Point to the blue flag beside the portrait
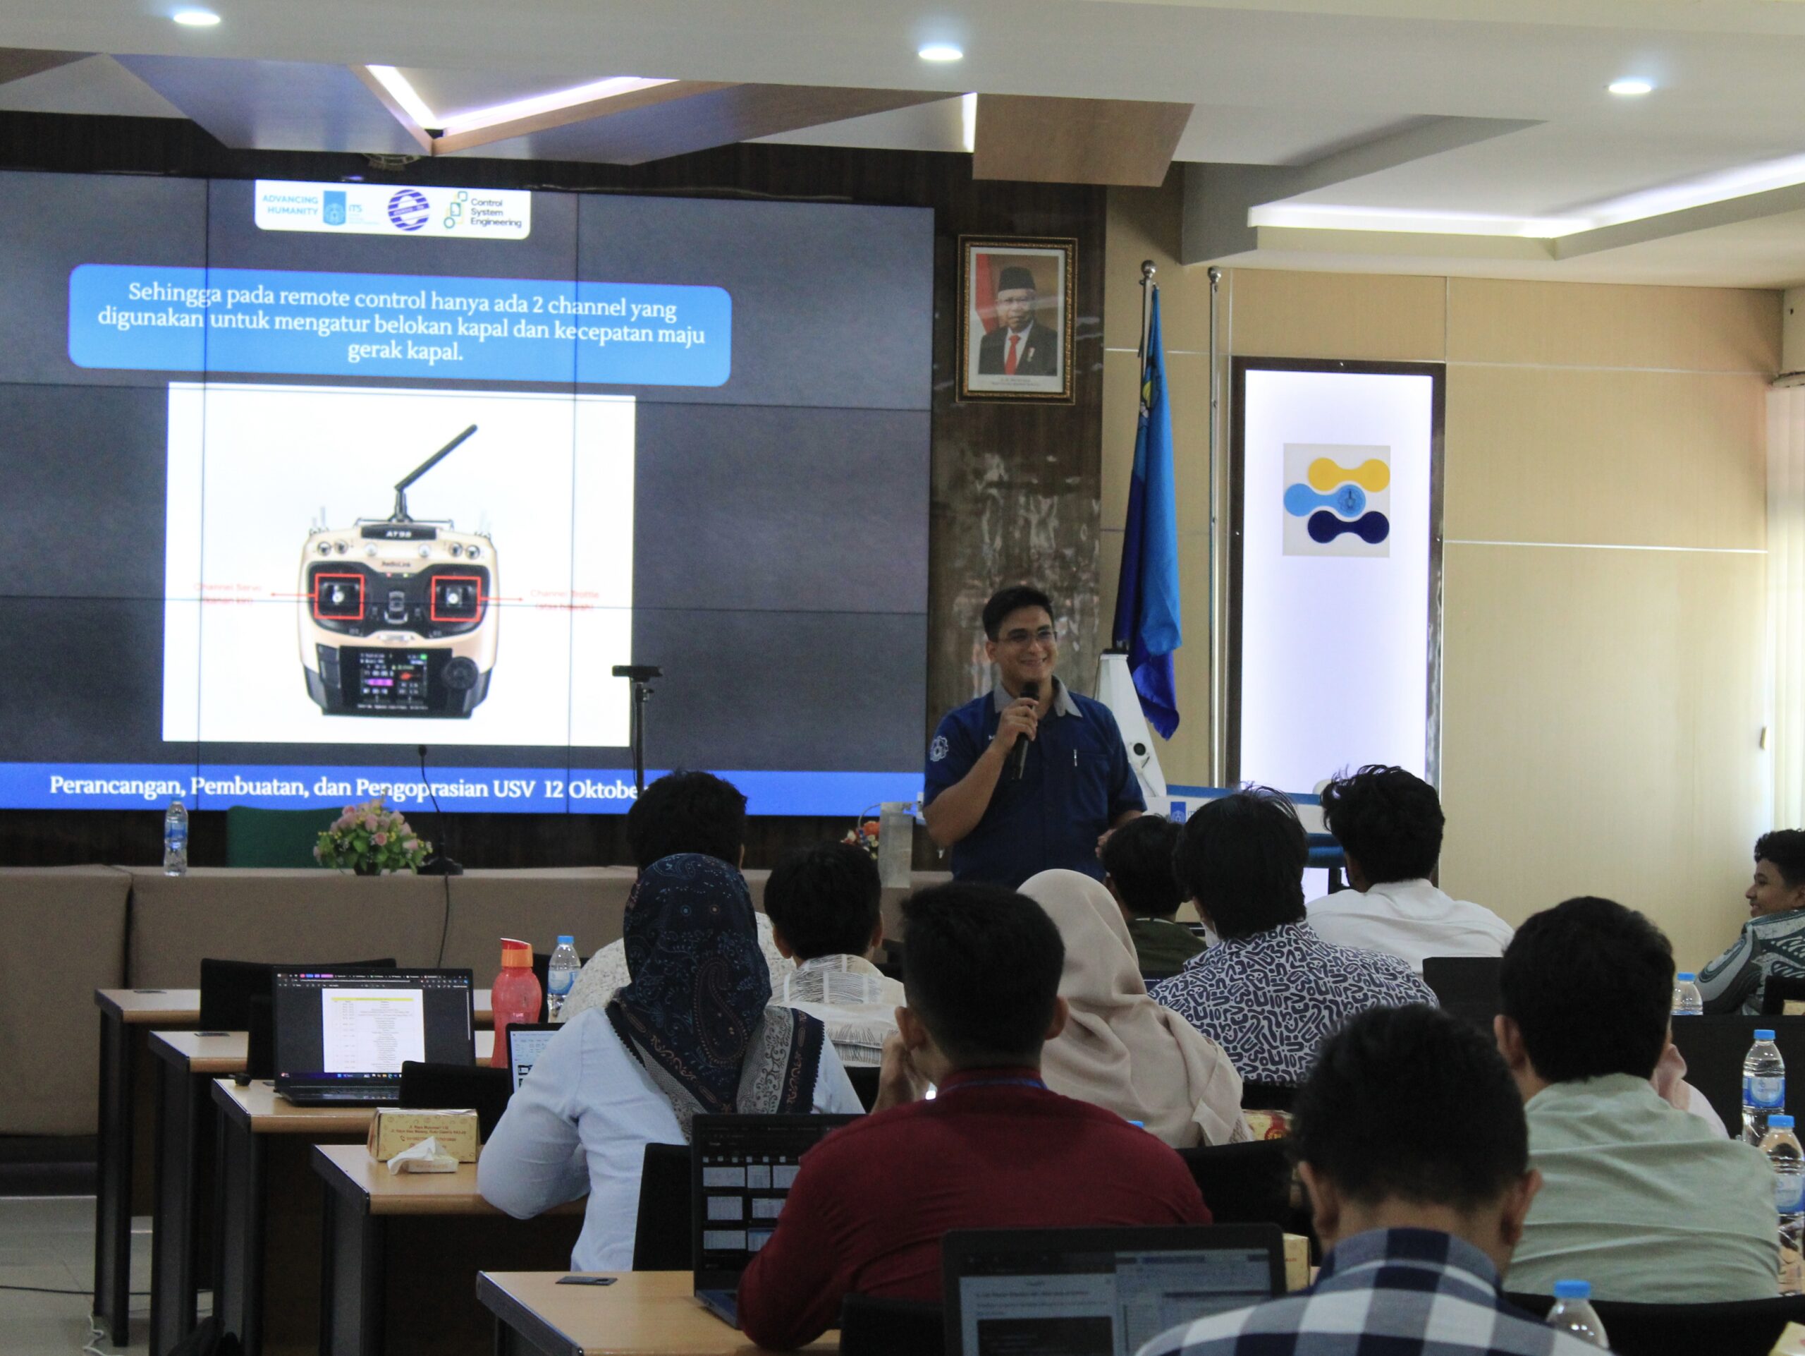[x=1150, y=523]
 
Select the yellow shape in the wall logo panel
[x=1337, y=473]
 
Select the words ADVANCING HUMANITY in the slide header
[x=290, y=205]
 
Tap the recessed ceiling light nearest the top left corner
[x=196, y=17]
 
